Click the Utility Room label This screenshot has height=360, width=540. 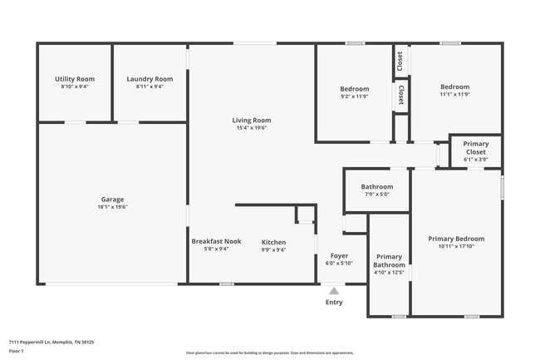[x=75, y=79]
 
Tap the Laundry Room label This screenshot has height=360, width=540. [x=150, y=79]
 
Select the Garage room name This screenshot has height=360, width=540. [x=112, y=200]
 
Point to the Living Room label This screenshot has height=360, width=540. [x=251, y=121]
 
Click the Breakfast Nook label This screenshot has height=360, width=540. [x=216, y=241]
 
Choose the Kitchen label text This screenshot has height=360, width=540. [x=273, y=242]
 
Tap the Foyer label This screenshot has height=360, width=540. [x=339, y=255]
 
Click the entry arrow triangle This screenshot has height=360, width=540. [x=334, y=291]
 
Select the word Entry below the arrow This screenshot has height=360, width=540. [x=334, y=303]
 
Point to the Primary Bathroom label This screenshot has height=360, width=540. [x=389, y=260]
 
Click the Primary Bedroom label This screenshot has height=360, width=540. [x=456, y=239]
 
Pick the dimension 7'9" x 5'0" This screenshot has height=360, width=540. [x=376, y=195]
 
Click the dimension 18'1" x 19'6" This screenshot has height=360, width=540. [x=112, y=208]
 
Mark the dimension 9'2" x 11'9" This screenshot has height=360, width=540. [x=355, y=96]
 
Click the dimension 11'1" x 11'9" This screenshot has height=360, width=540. [x=454, y=95]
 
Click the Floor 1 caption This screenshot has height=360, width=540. [x=17, y=351]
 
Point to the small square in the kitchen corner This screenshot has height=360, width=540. [x=306, y=215]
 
